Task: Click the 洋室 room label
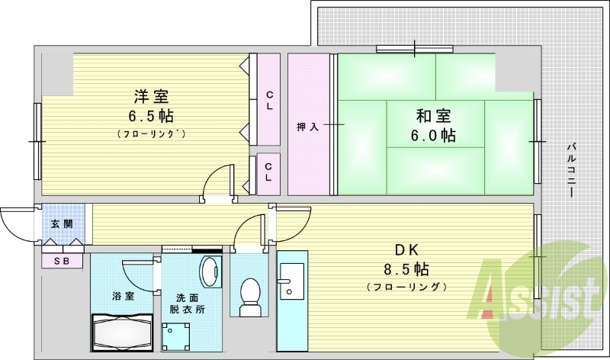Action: (151, 97)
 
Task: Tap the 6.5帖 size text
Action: (151, 117)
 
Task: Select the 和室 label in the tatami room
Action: (433, 117)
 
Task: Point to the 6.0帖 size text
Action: (433, 136)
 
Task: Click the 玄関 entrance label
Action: (63, 223)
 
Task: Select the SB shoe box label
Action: (63, 261)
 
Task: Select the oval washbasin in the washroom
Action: (208, 272)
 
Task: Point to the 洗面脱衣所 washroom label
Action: (189, 304)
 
